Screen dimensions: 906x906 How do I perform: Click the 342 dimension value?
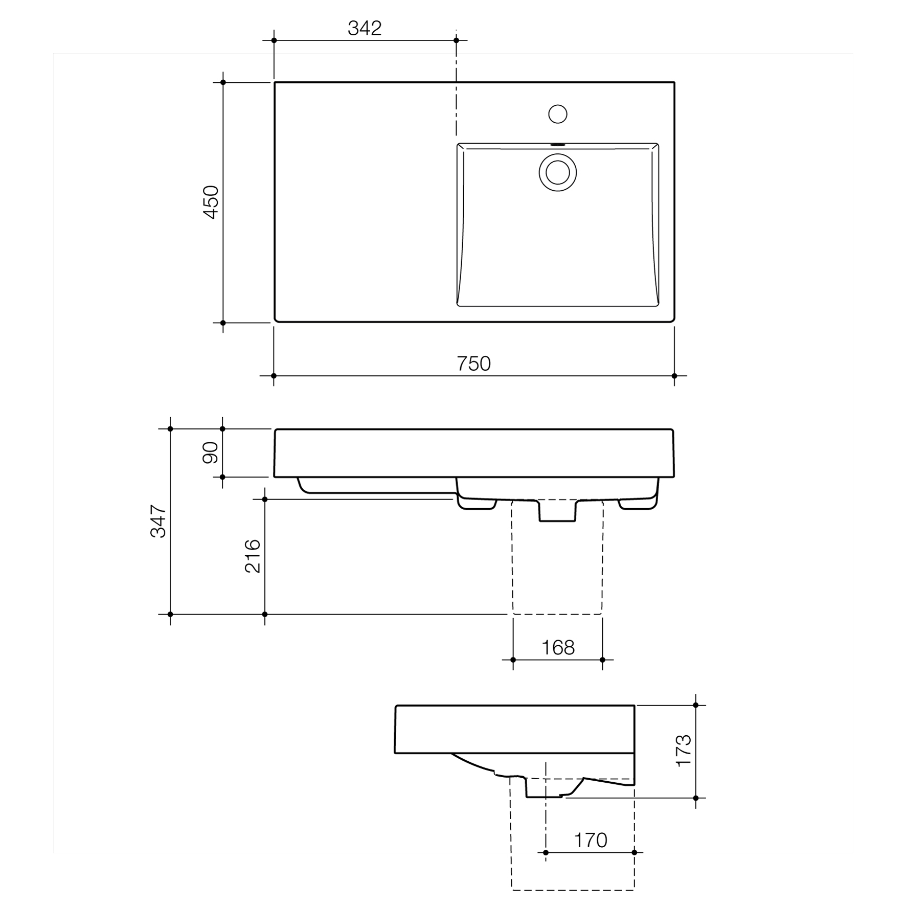pyautogui.click(x=365, y=28)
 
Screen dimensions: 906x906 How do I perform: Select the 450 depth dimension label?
pyautogui.click(x=211, y=202)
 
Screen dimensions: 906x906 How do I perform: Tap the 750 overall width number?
pyautogui.click(x=474, y=364)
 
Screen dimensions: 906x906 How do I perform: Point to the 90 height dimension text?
pyautogui.click(x=211, y=452)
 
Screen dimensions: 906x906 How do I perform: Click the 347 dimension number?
pyautogui.click(x=158, y=521)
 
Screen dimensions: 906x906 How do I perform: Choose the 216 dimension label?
pyautogui.click(x=253, y=556)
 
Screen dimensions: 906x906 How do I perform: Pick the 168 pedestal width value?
pyautogui.click(x=558, y=648)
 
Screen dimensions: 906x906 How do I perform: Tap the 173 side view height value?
pyautogui.click(x=684, y=751)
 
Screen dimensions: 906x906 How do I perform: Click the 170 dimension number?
pyautogui.click(x=591, y=840)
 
